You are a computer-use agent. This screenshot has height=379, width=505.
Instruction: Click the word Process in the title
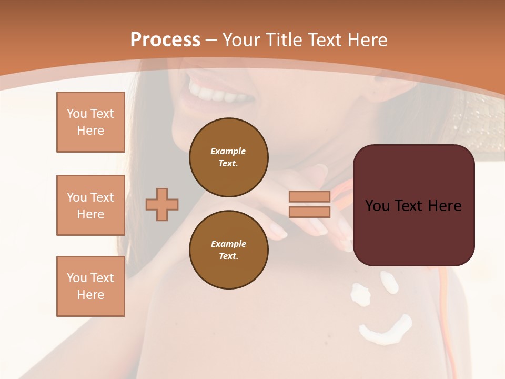click(165, 40)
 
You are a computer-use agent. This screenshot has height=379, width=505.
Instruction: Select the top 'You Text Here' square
click(90, 122)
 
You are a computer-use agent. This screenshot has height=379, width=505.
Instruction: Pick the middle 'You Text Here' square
click(90, 205)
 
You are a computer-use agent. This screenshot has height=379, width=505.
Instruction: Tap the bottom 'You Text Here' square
click(90, 286)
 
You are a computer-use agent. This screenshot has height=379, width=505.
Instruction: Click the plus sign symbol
click(162, 204)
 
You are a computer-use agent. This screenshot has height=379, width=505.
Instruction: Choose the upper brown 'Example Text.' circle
click(228, 157)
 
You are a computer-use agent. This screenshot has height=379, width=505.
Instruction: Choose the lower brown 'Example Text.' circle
click(228, 250)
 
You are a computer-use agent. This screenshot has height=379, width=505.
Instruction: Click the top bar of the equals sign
click(309, 197)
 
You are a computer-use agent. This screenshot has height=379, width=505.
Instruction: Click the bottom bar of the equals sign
click(309, 212)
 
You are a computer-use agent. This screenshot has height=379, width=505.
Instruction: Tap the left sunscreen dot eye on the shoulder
click(360, 293)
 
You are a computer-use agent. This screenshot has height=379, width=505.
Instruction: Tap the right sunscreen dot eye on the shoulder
click(390, 282)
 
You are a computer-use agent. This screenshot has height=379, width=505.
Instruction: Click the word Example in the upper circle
click(228, 151)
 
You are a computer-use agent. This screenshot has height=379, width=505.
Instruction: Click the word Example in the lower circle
click(228, 244)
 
